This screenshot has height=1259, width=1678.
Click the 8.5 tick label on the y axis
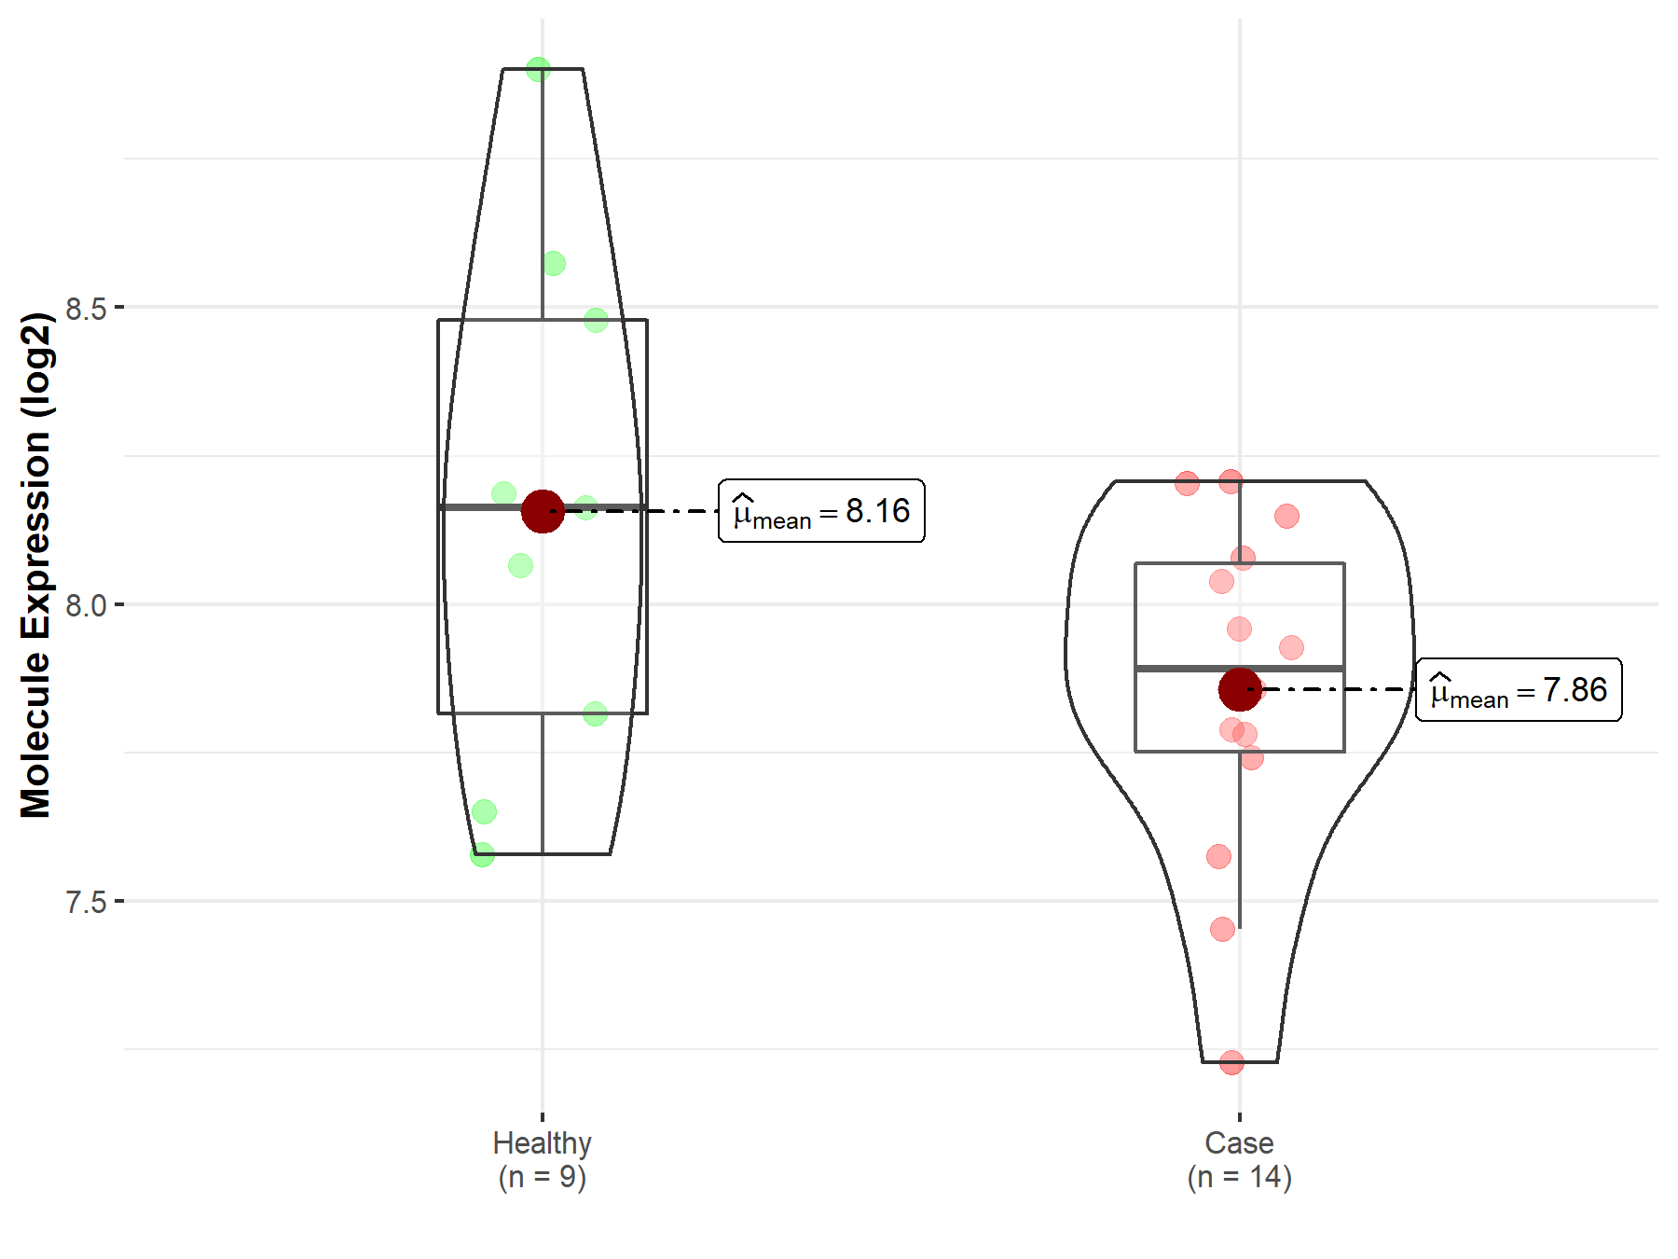[86, 308]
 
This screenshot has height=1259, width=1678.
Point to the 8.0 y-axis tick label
[86, 605]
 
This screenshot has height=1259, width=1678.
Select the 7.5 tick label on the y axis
[86, 902]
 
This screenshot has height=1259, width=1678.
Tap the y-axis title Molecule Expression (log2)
[35, 565]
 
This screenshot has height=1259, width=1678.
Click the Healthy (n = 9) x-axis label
[543, 1159]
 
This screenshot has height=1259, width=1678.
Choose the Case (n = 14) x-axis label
[1239, 1159]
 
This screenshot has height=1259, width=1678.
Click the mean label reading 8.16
[821, 511]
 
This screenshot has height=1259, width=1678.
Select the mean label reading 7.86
[1519, 690]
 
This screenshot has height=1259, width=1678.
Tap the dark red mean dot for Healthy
[543, 511]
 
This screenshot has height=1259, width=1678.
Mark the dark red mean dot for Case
[1240, 690]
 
